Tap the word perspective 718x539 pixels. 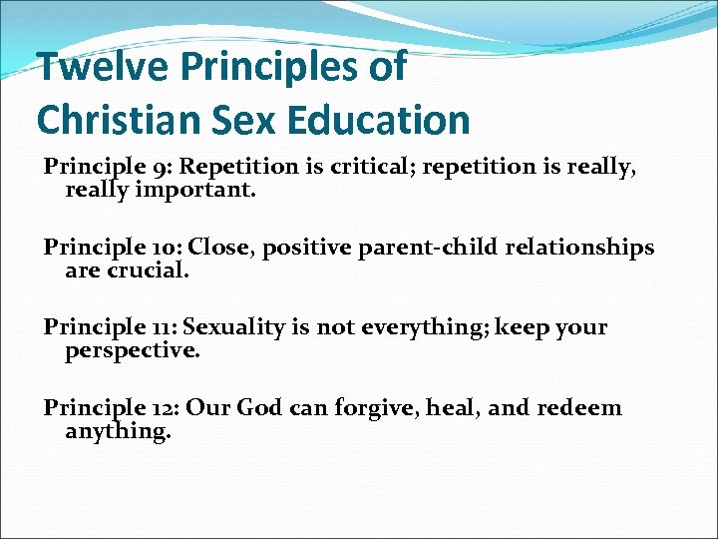click(133, 349)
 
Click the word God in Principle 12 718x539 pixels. click(264, 407)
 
